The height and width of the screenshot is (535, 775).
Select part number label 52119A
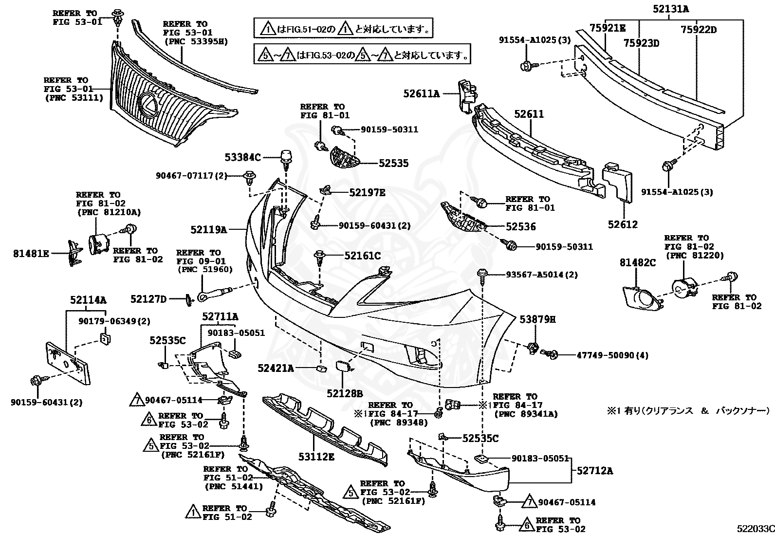(209, 229)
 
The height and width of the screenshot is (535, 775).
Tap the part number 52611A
(421, 93)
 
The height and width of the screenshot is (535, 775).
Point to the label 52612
(623, 224)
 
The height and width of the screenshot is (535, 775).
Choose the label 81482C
(638, 263)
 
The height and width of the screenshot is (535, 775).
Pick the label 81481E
(31, 253)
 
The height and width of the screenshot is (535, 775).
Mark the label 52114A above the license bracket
(88, 300)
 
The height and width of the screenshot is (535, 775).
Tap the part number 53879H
(537, 319)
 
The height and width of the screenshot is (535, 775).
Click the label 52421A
(276, 369)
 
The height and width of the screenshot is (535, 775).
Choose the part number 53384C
(243, 157)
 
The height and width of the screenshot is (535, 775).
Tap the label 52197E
(367, 192)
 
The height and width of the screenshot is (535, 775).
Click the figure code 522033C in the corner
(755, 528)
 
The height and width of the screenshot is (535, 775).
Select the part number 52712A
(595, 471)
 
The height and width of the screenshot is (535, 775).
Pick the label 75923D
(642, 43)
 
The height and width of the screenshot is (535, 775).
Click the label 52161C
(362, 256)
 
